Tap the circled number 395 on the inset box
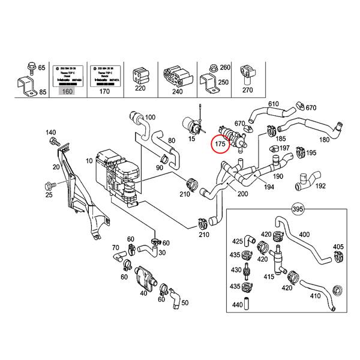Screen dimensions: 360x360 (x=296, y=209)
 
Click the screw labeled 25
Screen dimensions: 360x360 (x=49, y=196)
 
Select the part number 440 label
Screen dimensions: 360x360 (x=239, y=305)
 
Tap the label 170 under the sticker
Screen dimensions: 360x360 (x=104, y=92)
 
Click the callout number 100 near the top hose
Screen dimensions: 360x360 (x=150, y=116)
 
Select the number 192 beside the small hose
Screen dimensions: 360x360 (x=320, y=187)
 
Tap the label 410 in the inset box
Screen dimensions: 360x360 (x=314, y=296)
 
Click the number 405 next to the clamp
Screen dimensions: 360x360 (x=338, y=247)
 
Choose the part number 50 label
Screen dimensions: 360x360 (x=185, y=302)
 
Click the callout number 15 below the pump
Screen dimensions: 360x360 (x=192, y=140)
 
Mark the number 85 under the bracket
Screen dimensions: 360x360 (x=41, y=92)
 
